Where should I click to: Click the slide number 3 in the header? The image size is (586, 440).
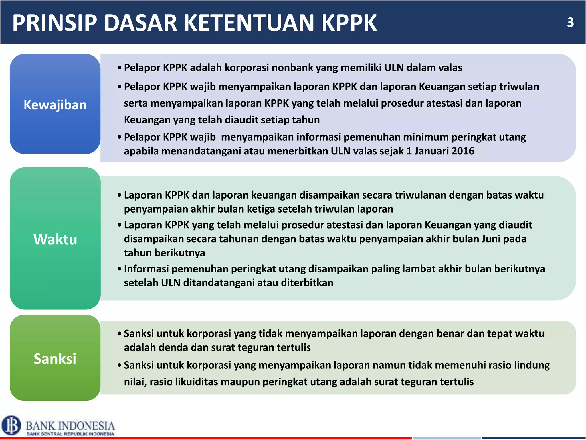point(570,22)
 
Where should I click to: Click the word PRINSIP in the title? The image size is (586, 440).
point(55,23)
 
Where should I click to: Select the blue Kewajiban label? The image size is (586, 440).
point(55,105)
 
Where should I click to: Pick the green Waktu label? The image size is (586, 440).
point(55,239)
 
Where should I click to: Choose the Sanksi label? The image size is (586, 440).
point(55,359)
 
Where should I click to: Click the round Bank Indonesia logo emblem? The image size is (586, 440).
point(11,425)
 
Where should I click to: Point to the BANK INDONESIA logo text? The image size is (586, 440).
point(70,426)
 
